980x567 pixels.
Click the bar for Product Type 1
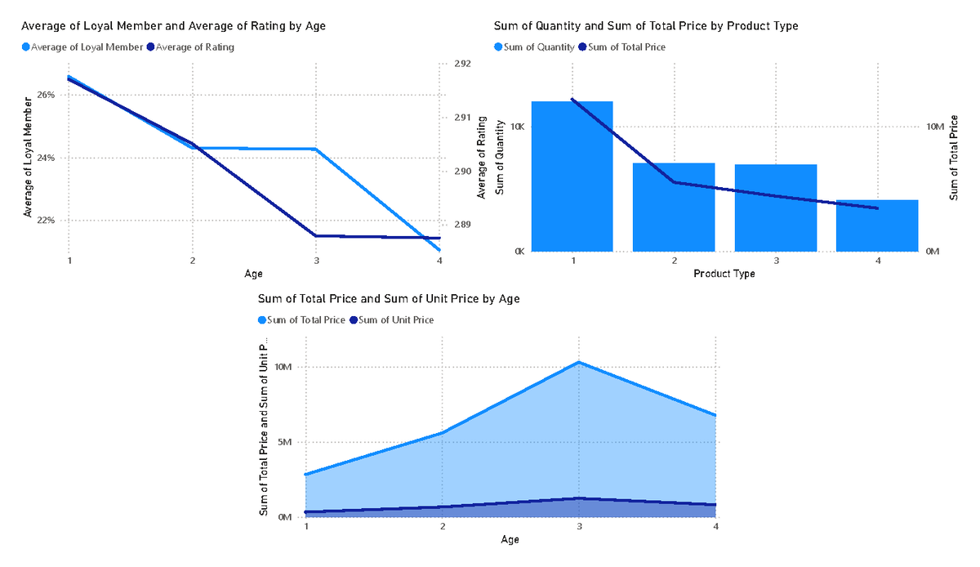pos(572,176)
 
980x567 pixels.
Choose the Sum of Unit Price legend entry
pos(395,320)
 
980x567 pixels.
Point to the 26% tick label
pos(46,95)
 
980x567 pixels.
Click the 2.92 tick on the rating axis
pos(461,64)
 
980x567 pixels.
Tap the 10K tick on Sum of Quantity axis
pos(516,127)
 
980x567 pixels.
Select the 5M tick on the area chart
pos(283,443)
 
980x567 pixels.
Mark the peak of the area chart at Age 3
pos(579,362)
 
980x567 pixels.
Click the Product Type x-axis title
pos(724,274)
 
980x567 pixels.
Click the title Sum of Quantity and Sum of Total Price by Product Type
pos(646,26)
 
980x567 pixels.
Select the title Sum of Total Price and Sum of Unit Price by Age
pos(389,299)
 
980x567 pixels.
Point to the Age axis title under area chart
pos(510,540)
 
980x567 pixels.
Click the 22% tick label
pos(46,221)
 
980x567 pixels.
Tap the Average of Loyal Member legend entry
pos(87,47)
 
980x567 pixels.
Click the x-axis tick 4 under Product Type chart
pos(878,261)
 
